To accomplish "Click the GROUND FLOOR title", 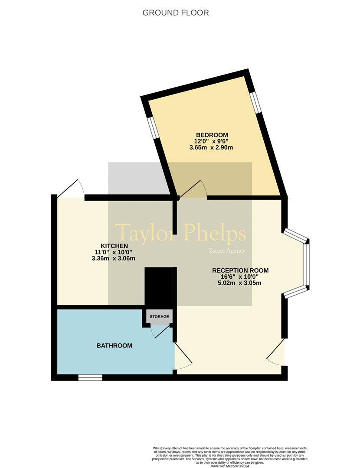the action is [175, 13].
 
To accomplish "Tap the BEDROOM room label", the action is [212, 135].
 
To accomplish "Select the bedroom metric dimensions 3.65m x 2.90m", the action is [211, 147].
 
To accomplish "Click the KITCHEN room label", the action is [114, 246].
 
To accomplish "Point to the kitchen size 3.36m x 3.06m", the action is [114, 258].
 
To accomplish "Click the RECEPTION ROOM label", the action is [240, 270].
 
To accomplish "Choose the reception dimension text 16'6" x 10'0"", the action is [239, 276].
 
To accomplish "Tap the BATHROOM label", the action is [114, 346].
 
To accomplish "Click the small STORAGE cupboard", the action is [159, 317].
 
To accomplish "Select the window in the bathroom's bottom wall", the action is [90, 377].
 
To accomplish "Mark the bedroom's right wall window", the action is [255, 102].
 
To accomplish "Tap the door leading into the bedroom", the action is [193, 189].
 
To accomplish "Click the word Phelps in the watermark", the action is [215, 234].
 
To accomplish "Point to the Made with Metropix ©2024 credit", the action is [229, 466].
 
